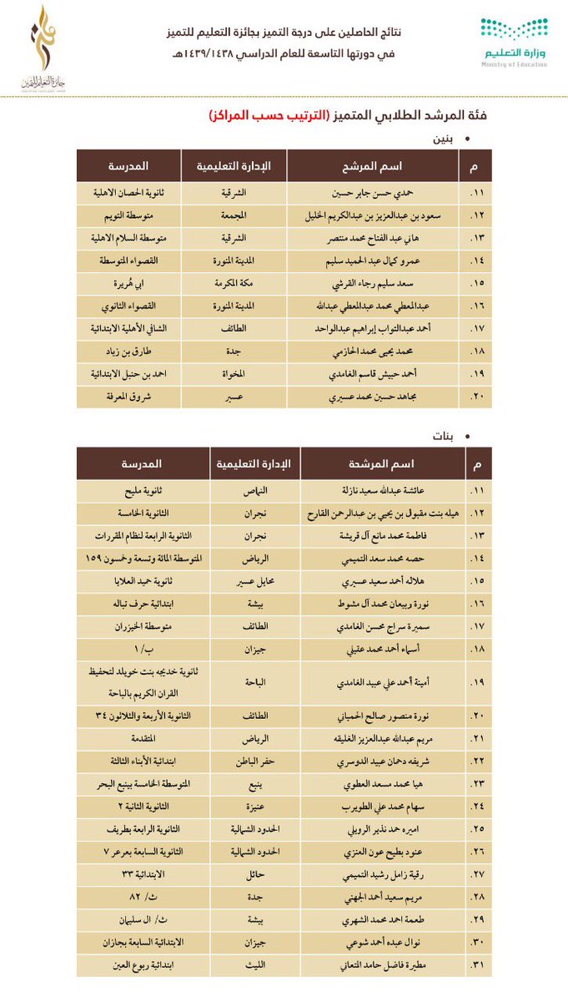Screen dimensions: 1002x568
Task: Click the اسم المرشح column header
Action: tap(373, 166)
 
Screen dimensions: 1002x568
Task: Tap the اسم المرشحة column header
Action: tap(380, 463)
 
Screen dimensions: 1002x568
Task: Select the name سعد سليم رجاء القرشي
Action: tap(372, 284)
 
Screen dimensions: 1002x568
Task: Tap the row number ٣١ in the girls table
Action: tap(477, 964)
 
